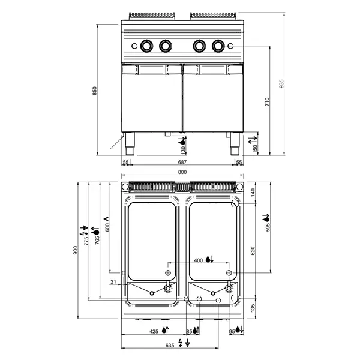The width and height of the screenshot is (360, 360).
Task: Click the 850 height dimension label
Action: [x=94, y=90]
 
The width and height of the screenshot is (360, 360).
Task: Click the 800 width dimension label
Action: [x=182, y=173]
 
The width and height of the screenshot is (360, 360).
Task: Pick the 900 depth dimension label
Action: [x=76, y=251]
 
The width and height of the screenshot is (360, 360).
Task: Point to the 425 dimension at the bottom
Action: [x=153, y=331]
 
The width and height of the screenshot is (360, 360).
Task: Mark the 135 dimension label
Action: [x=253, y=308]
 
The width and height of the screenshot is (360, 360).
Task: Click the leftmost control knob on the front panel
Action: [x=146, y=45]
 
